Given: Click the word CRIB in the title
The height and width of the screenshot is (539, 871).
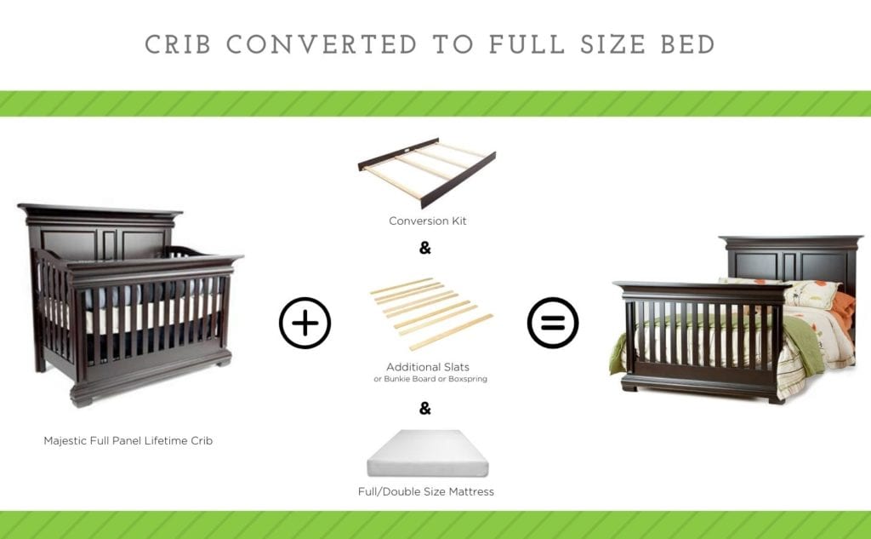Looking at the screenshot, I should click(178, 44).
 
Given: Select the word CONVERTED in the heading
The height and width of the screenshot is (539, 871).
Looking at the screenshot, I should click(322, 44).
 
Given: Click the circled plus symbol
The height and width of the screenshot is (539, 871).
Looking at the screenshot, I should click(305, 324).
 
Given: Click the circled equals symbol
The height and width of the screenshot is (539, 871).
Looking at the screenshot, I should click(553, 324).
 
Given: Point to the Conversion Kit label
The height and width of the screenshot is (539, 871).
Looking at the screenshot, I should click(427, 221).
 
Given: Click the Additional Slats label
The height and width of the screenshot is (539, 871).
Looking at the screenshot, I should click(428, 367).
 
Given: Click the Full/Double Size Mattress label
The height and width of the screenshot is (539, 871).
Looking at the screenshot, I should click(426, 491).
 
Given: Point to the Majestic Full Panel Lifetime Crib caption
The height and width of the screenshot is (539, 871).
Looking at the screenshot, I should click(128, 441).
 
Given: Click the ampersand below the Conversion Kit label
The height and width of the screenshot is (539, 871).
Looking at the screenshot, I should click(425, 249).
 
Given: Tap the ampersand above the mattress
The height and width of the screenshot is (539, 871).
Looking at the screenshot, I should click(425, 409).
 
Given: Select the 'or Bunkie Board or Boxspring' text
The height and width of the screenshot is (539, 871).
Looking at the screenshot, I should click(430, 379).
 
